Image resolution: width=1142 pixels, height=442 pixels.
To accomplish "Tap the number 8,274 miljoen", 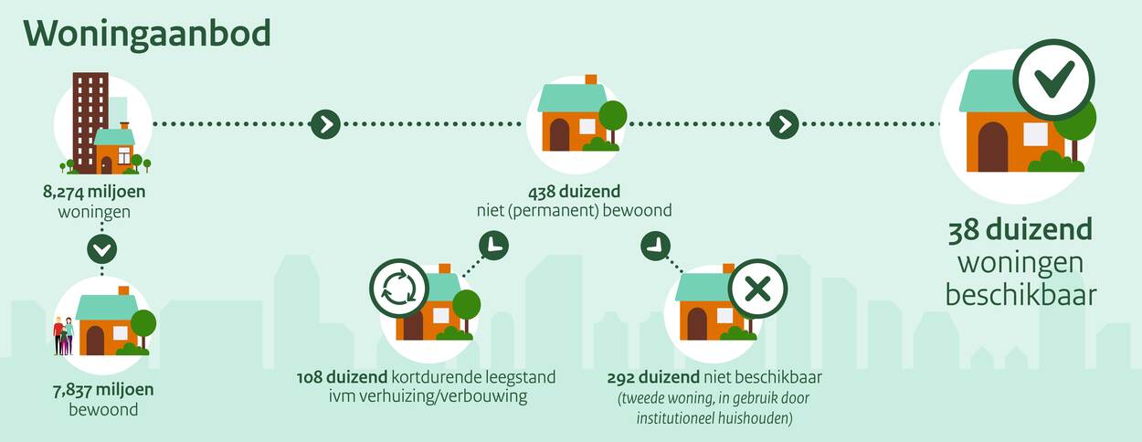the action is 94,192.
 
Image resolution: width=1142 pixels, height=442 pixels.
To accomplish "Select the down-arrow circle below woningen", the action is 102,249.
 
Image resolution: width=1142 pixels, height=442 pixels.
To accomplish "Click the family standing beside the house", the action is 64,335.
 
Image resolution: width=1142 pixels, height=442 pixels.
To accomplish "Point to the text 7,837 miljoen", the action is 103,390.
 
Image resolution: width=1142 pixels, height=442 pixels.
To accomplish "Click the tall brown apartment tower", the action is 90,122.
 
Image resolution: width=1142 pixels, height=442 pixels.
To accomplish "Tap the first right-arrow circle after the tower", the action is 325,124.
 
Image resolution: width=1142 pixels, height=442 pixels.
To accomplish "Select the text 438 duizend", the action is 574,192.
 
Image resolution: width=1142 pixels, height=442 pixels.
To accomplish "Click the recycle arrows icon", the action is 399,289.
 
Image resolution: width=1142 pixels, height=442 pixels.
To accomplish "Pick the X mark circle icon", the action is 757,289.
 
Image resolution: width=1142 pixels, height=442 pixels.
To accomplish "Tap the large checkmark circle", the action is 1053,80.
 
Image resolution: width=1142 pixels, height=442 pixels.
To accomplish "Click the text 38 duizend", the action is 1020,230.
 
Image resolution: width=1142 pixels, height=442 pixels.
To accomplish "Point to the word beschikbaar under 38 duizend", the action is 1020,296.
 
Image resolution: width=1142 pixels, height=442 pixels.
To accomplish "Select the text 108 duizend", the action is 342,378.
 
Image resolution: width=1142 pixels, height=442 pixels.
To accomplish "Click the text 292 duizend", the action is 653,378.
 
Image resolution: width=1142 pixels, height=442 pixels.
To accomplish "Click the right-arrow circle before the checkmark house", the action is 784,124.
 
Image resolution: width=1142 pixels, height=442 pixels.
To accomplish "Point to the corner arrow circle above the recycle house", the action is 493,246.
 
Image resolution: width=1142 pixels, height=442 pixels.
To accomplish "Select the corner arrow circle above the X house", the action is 655,246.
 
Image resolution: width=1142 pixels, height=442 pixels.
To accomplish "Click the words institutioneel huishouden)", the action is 714,418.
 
